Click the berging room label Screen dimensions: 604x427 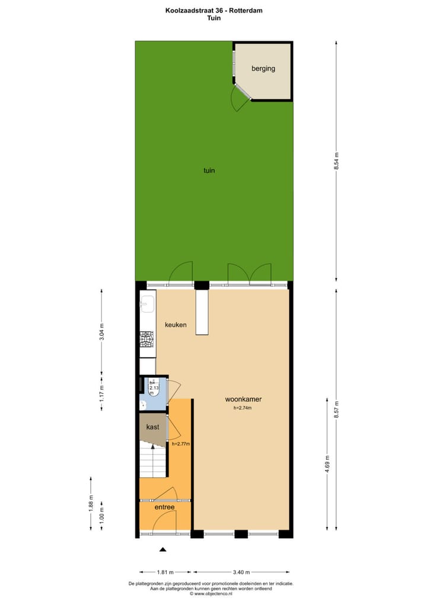click(263, 69)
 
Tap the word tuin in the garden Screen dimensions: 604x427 click(209, 171)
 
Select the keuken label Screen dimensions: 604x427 click(177, 325)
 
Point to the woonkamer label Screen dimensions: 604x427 click(243, 399)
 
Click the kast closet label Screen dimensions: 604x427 click(152, 427)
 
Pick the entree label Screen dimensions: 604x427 click(164, 507)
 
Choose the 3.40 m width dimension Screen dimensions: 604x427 click(242, 573)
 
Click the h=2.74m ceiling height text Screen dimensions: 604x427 click(243, 408)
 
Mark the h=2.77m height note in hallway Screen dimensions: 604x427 click(180, 443)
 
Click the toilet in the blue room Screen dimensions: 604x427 click(152, 386)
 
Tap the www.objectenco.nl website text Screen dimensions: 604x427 click(213, 593)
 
